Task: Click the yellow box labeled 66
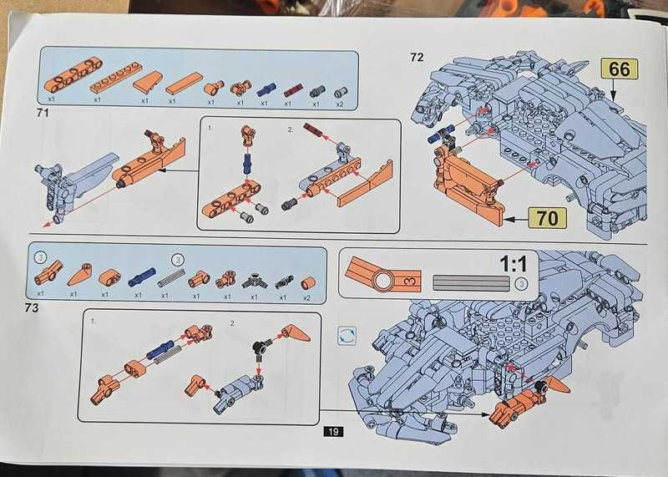[x=619, y=69]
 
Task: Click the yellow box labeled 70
[x=547, y=218]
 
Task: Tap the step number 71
[x=43, y=113]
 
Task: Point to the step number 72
[x=417, y=57]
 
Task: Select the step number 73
[x=32, y=307]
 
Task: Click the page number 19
[x=333, y=431]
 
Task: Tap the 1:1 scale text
[x=514, y=264]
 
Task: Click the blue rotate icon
[x=347, y=337]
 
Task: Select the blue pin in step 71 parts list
[x=266, y=89]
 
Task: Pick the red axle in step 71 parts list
[x=293, y=90]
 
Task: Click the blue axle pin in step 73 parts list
[x=142, y=277]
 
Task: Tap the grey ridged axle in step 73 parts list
[x=171, y=278]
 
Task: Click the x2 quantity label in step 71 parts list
[x=340, y=104]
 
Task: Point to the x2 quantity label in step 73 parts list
[x=306, y=297]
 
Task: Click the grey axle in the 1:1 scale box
[x=471, y=283]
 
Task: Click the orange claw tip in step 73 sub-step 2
[x=296, y=333]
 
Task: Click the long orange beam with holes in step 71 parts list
[x=73, y=75]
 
